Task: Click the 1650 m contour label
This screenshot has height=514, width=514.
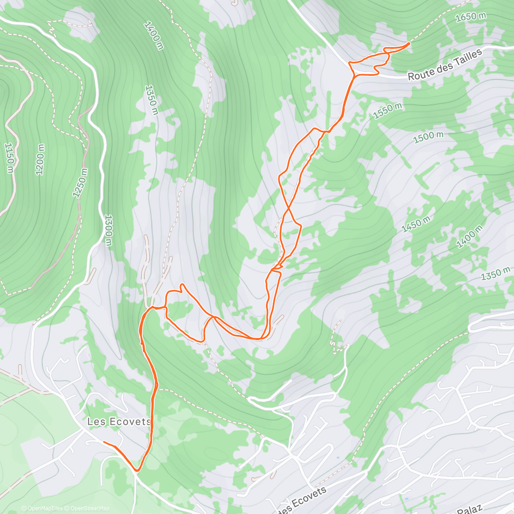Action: click(x=471, y=17)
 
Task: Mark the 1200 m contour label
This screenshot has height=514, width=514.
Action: click(x=40, y=159)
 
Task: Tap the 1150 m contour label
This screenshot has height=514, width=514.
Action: click(x=9, y=158)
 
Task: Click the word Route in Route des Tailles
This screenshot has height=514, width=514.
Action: click(x=419, y=74)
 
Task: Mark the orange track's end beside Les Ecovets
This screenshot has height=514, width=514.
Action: click(x=104, y=442)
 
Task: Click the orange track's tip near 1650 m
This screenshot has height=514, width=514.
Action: click(x=409, y=43)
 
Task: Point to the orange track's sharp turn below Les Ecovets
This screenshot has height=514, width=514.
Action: click(x=137, y=470)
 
